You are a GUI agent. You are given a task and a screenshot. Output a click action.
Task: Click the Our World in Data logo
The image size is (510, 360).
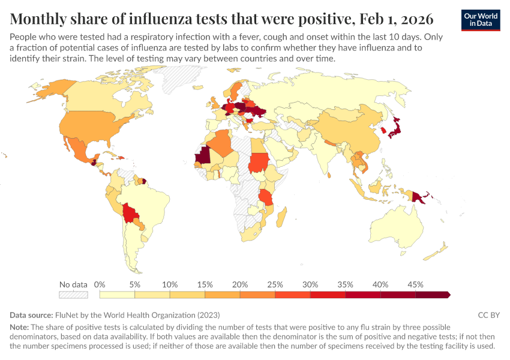pos(481,20)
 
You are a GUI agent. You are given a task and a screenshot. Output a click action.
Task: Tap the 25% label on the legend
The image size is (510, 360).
pos(275,284)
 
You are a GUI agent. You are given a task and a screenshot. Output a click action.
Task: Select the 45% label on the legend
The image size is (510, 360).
pos(415,284)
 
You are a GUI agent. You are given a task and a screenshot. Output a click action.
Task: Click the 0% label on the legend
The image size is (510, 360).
pos(100,284)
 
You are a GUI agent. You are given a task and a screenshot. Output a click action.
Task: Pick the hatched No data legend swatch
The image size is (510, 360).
pos(73,295)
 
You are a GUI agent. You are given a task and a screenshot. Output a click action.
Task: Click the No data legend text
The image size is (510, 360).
pos(73,284)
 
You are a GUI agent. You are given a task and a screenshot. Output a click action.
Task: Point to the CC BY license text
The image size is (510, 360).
pos(488,315)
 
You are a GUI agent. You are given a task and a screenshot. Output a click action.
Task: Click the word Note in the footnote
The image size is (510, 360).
pos(19,327)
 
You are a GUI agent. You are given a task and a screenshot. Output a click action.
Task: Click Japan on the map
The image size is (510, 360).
pos(397,127)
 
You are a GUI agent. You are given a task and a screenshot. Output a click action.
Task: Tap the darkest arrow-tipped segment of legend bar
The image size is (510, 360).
pos(433,295)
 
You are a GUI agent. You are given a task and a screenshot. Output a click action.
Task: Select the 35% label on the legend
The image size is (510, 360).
pos(345,284)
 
